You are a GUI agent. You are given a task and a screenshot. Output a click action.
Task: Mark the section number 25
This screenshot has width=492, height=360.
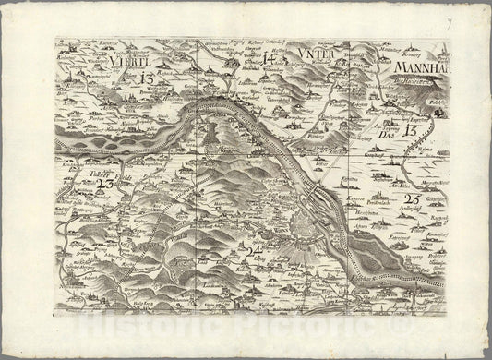click(x=412, y=199)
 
